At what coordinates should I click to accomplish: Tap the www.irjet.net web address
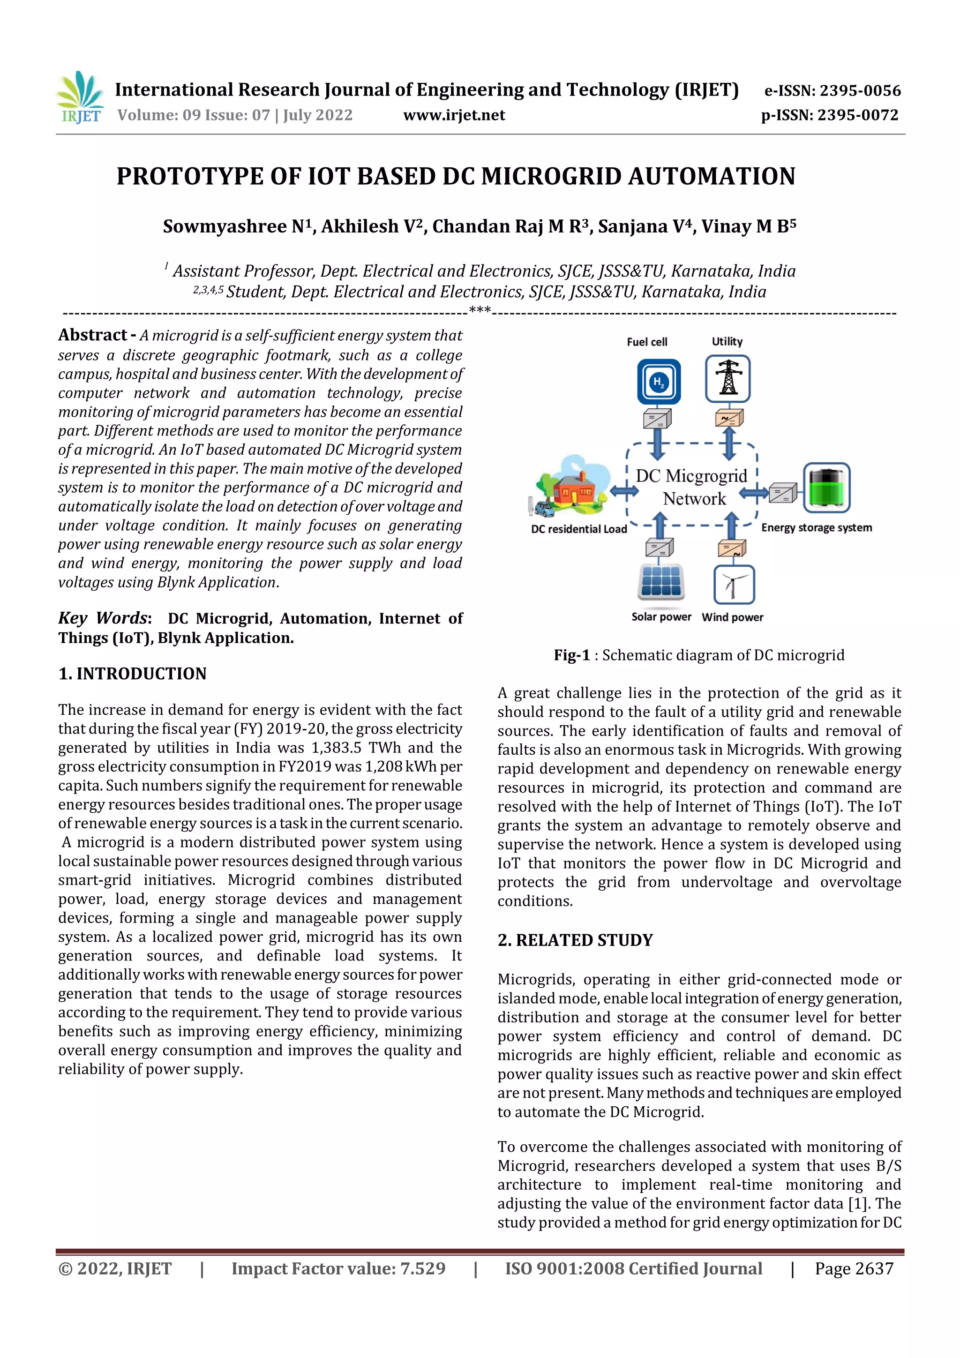pos(454,115)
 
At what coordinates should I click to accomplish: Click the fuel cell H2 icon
pos(658,382)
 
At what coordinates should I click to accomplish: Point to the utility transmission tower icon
pos(727,379)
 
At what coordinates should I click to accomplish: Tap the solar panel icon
pos(660,582)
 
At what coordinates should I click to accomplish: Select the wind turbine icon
pos(734,585)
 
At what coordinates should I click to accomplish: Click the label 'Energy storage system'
pos(816,527)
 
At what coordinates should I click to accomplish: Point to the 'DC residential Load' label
pos(578,529)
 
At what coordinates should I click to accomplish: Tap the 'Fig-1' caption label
pos(571,655)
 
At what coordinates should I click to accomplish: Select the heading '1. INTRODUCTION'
pos(133,674)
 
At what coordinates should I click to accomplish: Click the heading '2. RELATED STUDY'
pos(575,940)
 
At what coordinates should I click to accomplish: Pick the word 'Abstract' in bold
pos(93,335)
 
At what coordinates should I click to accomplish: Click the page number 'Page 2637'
pos(854,1268)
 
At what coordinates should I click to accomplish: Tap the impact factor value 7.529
pos(422,1268)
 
